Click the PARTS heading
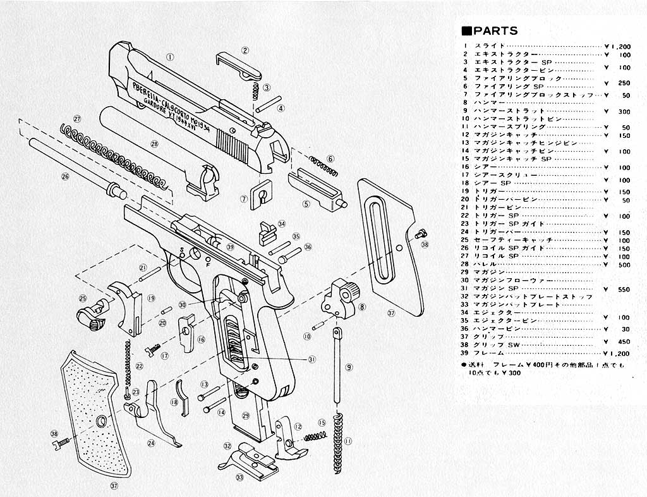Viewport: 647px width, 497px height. pos(490,31)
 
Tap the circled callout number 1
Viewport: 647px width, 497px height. pos(169,56)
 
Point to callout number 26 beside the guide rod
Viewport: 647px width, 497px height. pos(64,177)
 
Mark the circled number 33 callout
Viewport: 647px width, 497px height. pos(239,477)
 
